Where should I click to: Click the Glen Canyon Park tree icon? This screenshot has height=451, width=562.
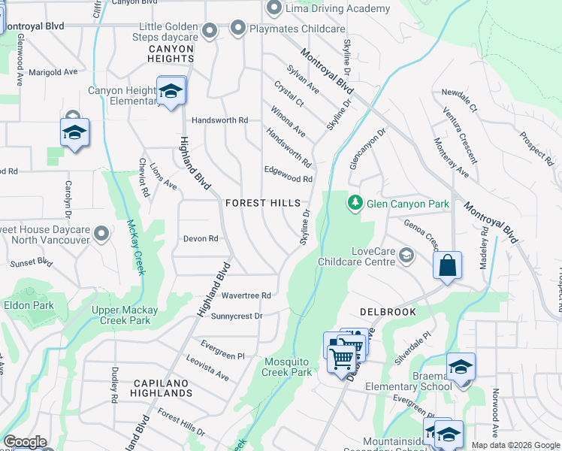(x=355, y=203)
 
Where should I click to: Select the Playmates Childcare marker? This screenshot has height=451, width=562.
(x=238, y=29)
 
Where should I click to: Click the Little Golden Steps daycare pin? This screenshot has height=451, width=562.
(x=210, y=31)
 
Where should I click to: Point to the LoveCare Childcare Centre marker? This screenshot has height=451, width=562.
(x=406, y=256)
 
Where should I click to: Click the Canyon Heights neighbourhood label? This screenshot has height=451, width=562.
(x=165, y=53)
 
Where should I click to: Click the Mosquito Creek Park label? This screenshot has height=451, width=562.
(x=287, y=367)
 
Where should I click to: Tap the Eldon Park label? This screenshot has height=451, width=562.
(x=29, y=306)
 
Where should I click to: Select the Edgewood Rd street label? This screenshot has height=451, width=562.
(x=288, y=179)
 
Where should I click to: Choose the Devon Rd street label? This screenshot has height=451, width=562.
(x=201, y=238)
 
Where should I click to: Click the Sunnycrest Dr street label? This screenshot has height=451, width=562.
(x=237, y=316)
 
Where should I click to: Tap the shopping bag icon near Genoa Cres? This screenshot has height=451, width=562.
(x=447, y=265)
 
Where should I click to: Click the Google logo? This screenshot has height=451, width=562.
(x=25, y=442)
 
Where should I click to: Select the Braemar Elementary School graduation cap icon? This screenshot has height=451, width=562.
(x=461, y=367)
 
